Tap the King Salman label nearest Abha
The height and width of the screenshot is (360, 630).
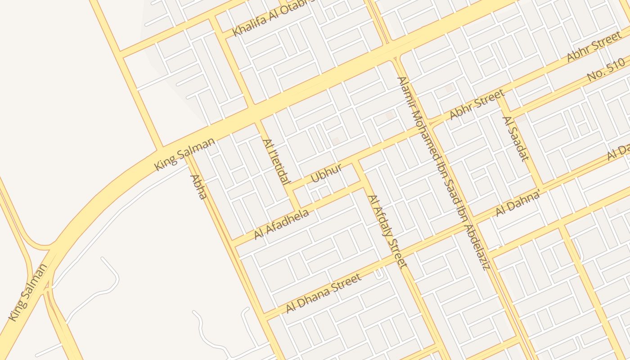[x=184, y=154]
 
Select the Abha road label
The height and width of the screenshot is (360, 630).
[x=198, y=187]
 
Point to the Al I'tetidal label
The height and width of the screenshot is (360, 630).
[x=274, y=162]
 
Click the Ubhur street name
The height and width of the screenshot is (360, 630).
[x=326, y=173]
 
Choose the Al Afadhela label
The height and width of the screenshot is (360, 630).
[x=282, y=224]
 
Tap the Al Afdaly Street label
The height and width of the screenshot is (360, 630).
[x=387, y=231]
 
